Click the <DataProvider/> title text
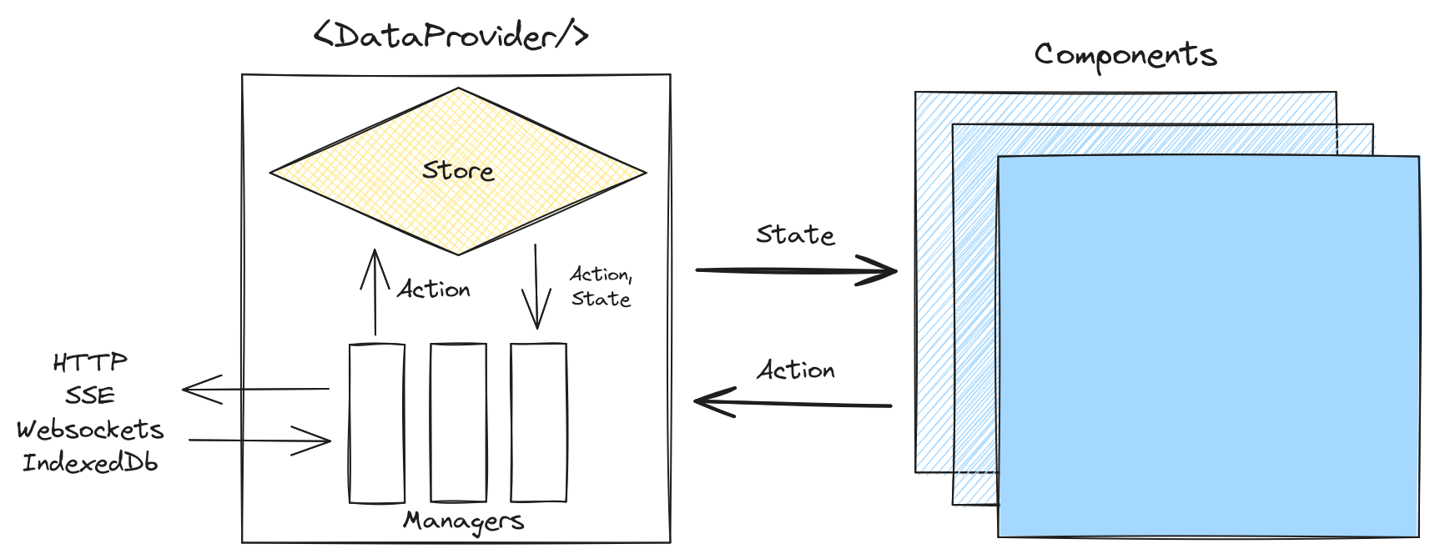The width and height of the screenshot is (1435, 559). click(x=451, y=37)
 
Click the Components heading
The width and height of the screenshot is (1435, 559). click(x=1125, y=55)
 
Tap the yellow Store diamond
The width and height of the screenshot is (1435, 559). click(x=457, y=172)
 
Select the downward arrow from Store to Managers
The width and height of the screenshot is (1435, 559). click(x=536, y=286)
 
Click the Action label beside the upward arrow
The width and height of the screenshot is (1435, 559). click(x=434, y=290)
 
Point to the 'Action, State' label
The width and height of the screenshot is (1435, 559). click(x=601, y=286)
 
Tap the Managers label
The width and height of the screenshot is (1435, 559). click(x=464, y=521)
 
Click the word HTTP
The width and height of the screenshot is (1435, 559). click(x=90, y=362)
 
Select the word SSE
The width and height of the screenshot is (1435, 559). click(x=90, y=395)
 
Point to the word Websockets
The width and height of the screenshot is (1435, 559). click(x=90, y=430)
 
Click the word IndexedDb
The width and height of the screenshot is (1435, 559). click(x=90, y=462)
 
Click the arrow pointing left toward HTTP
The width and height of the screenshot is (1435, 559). click(x=255, y=389)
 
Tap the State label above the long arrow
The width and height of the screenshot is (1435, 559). click(x=795, y=235)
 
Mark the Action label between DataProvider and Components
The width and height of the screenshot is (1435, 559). click(x=796, y=370)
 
